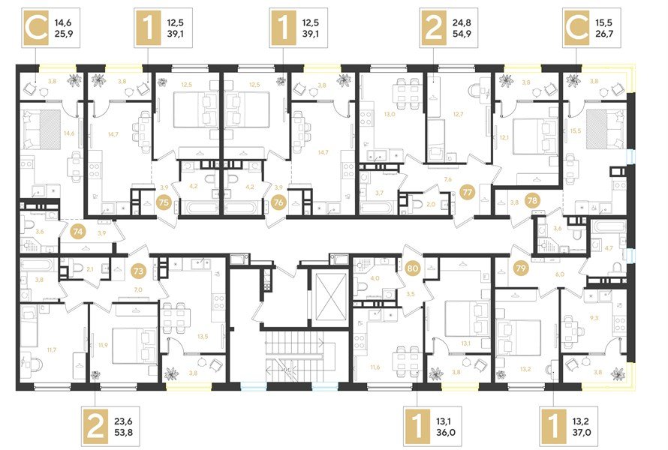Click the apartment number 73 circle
[138, 269]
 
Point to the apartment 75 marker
[164, 201]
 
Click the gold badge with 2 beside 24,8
[432, 28]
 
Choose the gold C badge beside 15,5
[576, 28]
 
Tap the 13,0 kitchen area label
[389, 115]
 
